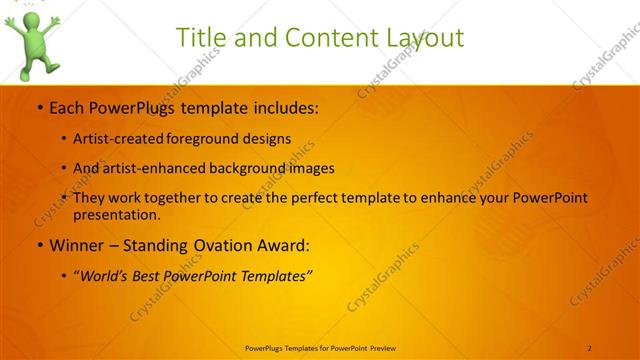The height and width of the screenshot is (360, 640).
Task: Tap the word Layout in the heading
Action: (423, 38)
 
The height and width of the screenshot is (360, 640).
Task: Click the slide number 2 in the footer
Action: (590, 347)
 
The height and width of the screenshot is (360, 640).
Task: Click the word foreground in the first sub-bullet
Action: (216, 139)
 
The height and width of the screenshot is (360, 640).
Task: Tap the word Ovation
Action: (217, 245)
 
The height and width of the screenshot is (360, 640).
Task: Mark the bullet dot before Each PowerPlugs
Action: (39, 108)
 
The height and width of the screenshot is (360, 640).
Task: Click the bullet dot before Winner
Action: (39, 245)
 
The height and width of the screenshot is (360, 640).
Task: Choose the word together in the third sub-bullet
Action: (189, 198)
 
